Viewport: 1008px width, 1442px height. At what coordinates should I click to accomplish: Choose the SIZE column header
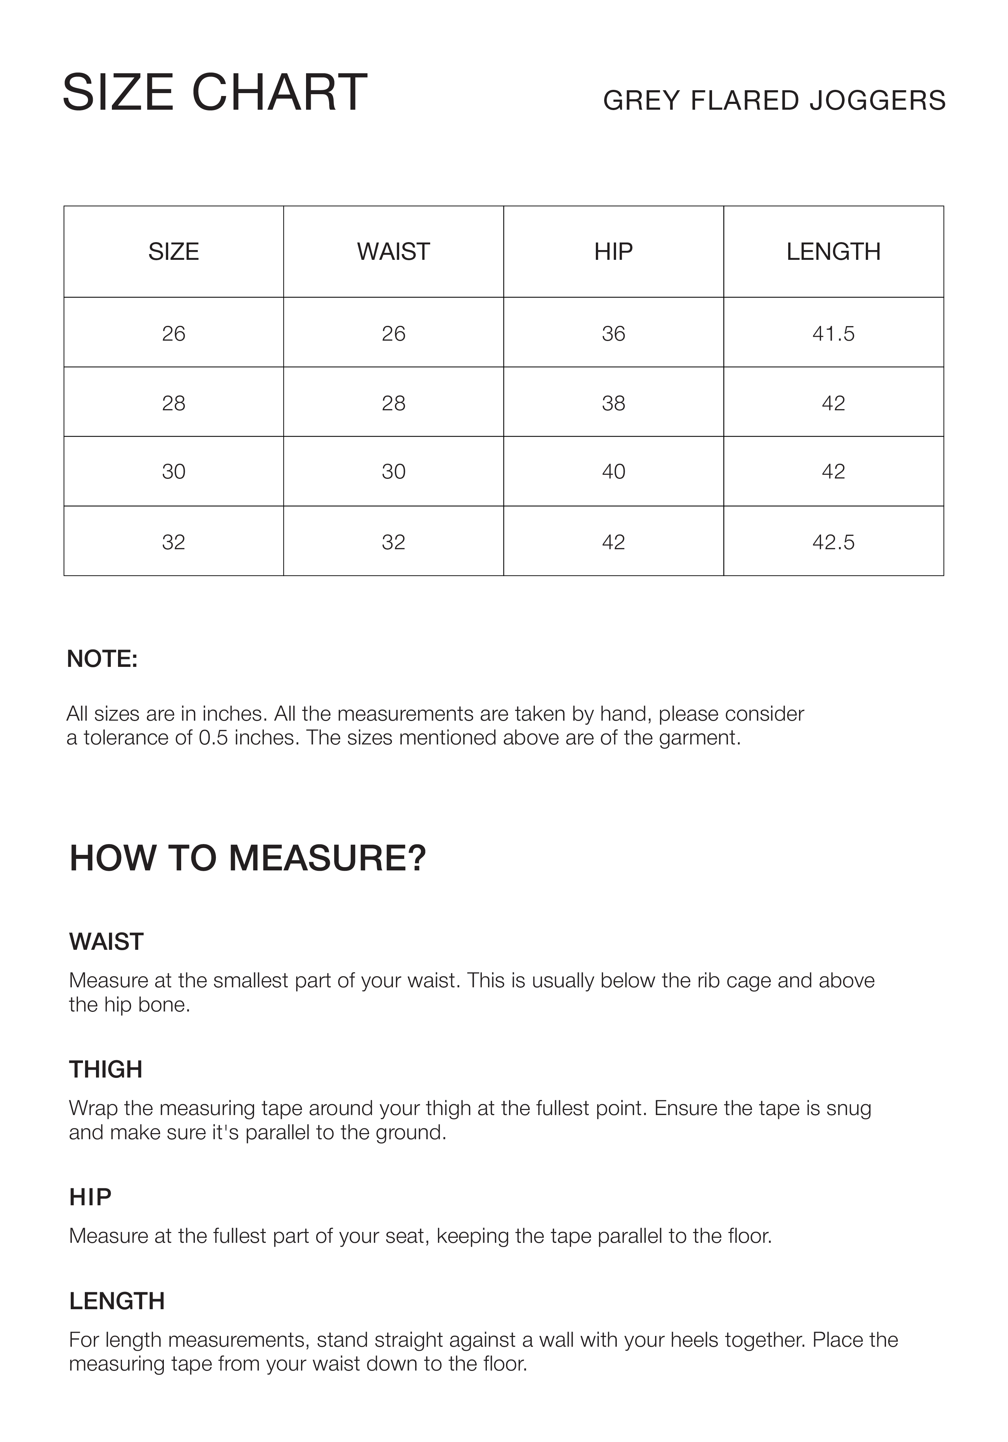point(173,252)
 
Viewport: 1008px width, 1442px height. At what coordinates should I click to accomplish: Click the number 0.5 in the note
point(214,737)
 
